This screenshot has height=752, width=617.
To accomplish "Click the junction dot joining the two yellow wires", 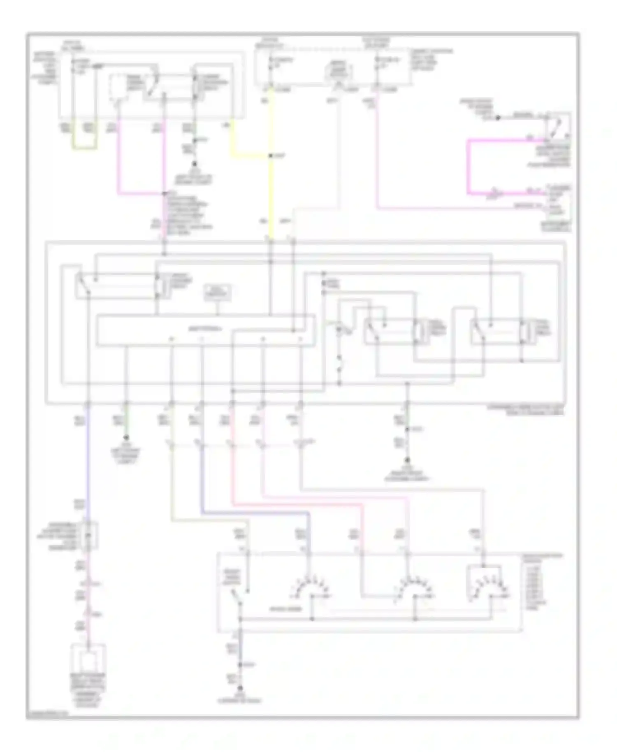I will (271, 156).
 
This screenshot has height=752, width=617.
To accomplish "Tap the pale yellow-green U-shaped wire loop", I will (85, 147).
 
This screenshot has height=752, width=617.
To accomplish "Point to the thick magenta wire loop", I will (469, 167).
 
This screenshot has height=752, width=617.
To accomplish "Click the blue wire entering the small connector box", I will (88, 465).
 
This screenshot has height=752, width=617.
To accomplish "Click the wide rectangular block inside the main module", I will (206, 330).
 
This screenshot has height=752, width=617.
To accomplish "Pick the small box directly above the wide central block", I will (218, 292).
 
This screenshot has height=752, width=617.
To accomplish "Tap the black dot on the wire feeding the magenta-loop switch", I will (498, 118).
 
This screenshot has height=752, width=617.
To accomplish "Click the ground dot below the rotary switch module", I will (240, 688).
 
